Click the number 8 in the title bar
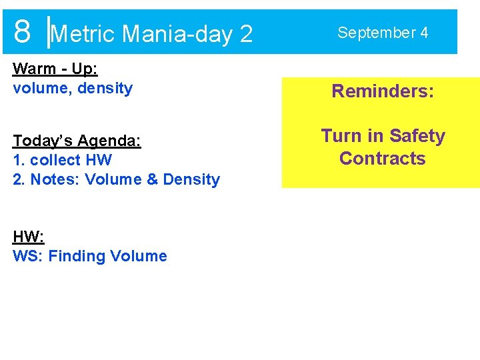(22, 31)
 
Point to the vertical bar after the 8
(48, 32)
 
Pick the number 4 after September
(424, 32)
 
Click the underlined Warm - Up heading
(55, 69)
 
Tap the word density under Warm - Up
(105, 88)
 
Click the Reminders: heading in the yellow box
(383, 91)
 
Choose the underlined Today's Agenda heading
(77, 141)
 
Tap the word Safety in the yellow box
(417, 136)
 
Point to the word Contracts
(382, 159)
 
